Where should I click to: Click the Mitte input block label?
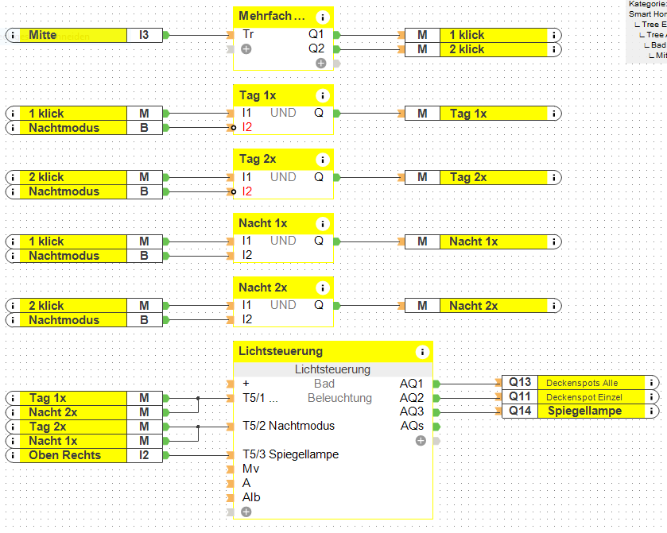[43, 35]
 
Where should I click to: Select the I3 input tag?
[144, 35]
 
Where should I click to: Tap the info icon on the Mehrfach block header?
[322, 17]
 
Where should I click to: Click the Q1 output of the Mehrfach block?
[316, 35]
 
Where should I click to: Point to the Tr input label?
[248, 35]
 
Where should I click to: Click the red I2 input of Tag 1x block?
[247, 127]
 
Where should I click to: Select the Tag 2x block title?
[258, 159]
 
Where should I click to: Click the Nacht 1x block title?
[262, 223]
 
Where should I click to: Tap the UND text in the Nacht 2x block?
[283, 305]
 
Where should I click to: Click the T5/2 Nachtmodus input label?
[289, 426]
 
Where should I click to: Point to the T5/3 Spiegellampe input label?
[290, 454]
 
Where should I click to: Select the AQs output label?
[413, 426]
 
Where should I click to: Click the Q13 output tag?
[520, 383]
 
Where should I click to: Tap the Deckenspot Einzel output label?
[583, 397]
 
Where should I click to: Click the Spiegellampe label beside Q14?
[584, 411]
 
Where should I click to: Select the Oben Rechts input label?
[65, 455]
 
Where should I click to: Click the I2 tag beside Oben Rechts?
[144, 455]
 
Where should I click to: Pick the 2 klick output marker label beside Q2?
[467, 49]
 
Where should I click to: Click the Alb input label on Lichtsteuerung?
[251, 497]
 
